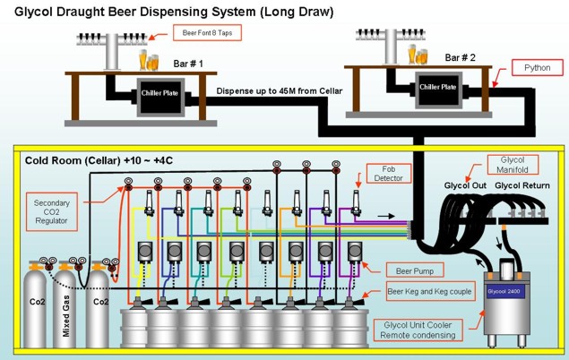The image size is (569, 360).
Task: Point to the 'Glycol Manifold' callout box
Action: click(513, 166)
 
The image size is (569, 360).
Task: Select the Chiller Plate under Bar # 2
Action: click(438, 88)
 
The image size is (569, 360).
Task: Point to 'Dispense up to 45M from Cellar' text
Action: click(280, 91)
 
